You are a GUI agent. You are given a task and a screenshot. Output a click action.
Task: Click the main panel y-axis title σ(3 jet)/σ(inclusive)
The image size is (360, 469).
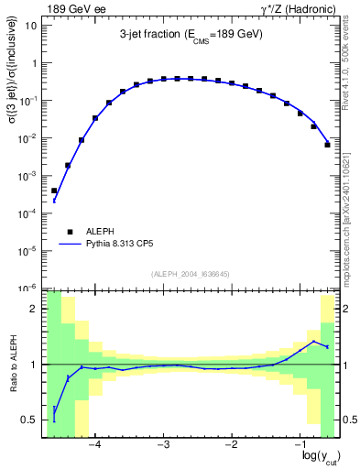(12, 101)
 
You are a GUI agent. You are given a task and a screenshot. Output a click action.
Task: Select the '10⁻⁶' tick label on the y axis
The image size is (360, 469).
(28, 288)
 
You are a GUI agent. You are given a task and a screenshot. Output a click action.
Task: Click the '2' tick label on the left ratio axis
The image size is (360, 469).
(36, 310)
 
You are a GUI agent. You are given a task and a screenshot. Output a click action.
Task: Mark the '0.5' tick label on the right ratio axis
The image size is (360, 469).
(349, 420)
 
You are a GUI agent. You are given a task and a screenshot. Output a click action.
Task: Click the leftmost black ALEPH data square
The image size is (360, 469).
(54, 191)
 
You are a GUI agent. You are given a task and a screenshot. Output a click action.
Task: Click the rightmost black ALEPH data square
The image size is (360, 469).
(327, 145)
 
